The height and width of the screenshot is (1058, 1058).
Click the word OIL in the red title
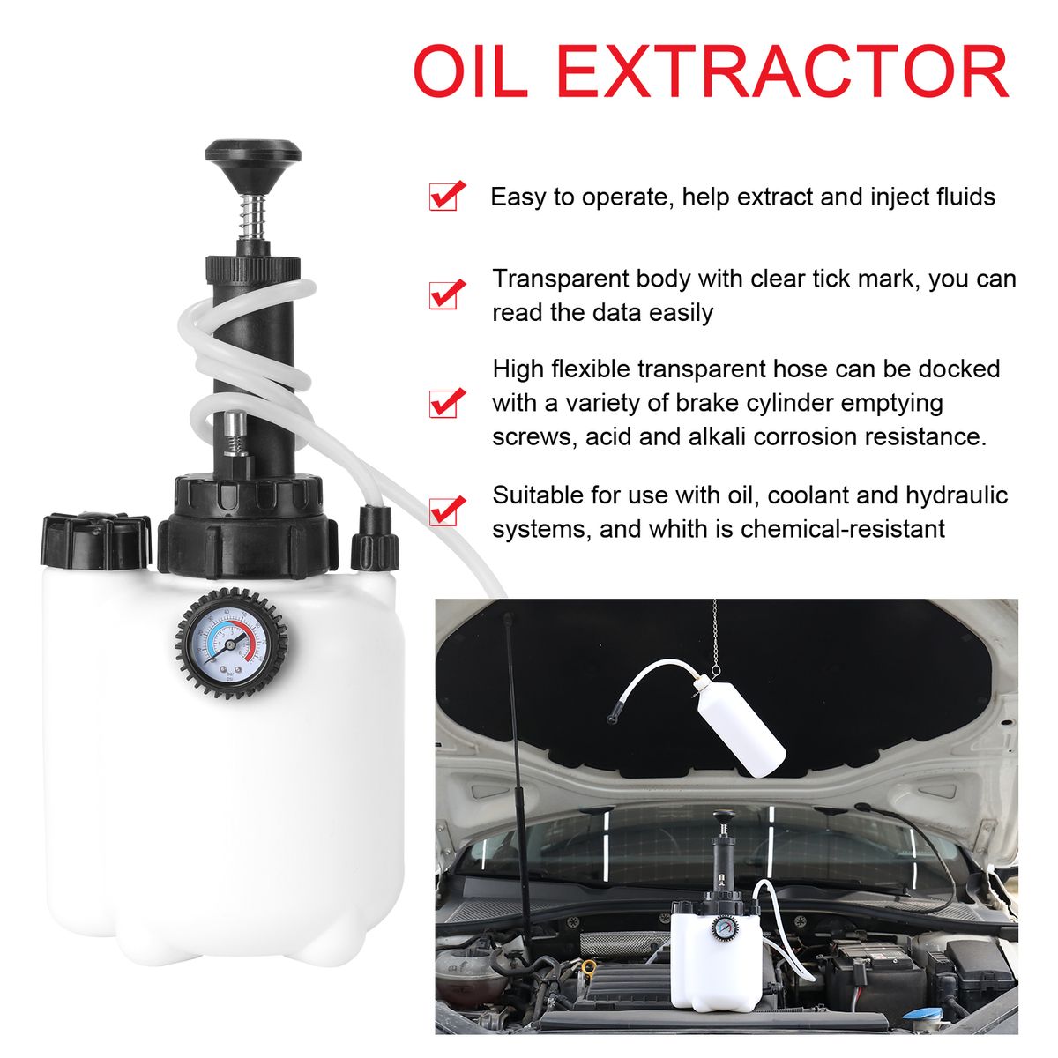(x=471, y=71)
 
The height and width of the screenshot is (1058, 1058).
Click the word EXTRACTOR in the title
(x=782, y=71)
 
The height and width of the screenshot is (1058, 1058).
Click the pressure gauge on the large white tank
(x=231, y=643)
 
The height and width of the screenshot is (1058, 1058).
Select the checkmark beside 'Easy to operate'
(x=446, y=196)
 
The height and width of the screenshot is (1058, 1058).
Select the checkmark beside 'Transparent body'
(x=446, y=294)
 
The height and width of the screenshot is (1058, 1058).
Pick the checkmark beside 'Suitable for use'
(x=446, y=510)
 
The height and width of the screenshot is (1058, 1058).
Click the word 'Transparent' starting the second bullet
(x=560, y=279)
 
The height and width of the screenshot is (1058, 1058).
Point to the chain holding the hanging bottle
(x=714, y=637)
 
